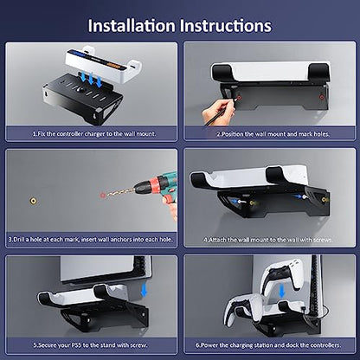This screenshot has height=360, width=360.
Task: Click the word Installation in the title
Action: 132,26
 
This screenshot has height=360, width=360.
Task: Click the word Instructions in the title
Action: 226,26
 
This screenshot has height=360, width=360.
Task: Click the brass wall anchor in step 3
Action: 34,201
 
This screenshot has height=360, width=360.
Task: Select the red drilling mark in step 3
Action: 103,196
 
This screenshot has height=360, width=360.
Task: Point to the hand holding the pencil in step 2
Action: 218,112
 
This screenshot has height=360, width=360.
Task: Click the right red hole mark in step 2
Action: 321,97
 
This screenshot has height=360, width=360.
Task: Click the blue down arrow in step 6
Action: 282,291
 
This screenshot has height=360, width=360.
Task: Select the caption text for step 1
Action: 94,134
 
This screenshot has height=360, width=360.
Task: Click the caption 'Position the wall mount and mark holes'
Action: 273,134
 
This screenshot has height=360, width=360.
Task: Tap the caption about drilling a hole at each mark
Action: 90,240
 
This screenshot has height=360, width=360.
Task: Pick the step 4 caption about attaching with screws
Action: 268,240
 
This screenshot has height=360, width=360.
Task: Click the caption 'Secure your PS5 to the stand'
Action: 90,345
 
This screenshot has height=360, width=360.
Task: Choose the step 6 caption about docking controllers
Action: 268,345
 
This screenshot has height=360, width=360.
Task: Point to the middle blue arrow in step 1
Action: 91,79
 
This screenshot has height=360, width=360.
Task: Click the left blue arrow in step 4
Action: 237,201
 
